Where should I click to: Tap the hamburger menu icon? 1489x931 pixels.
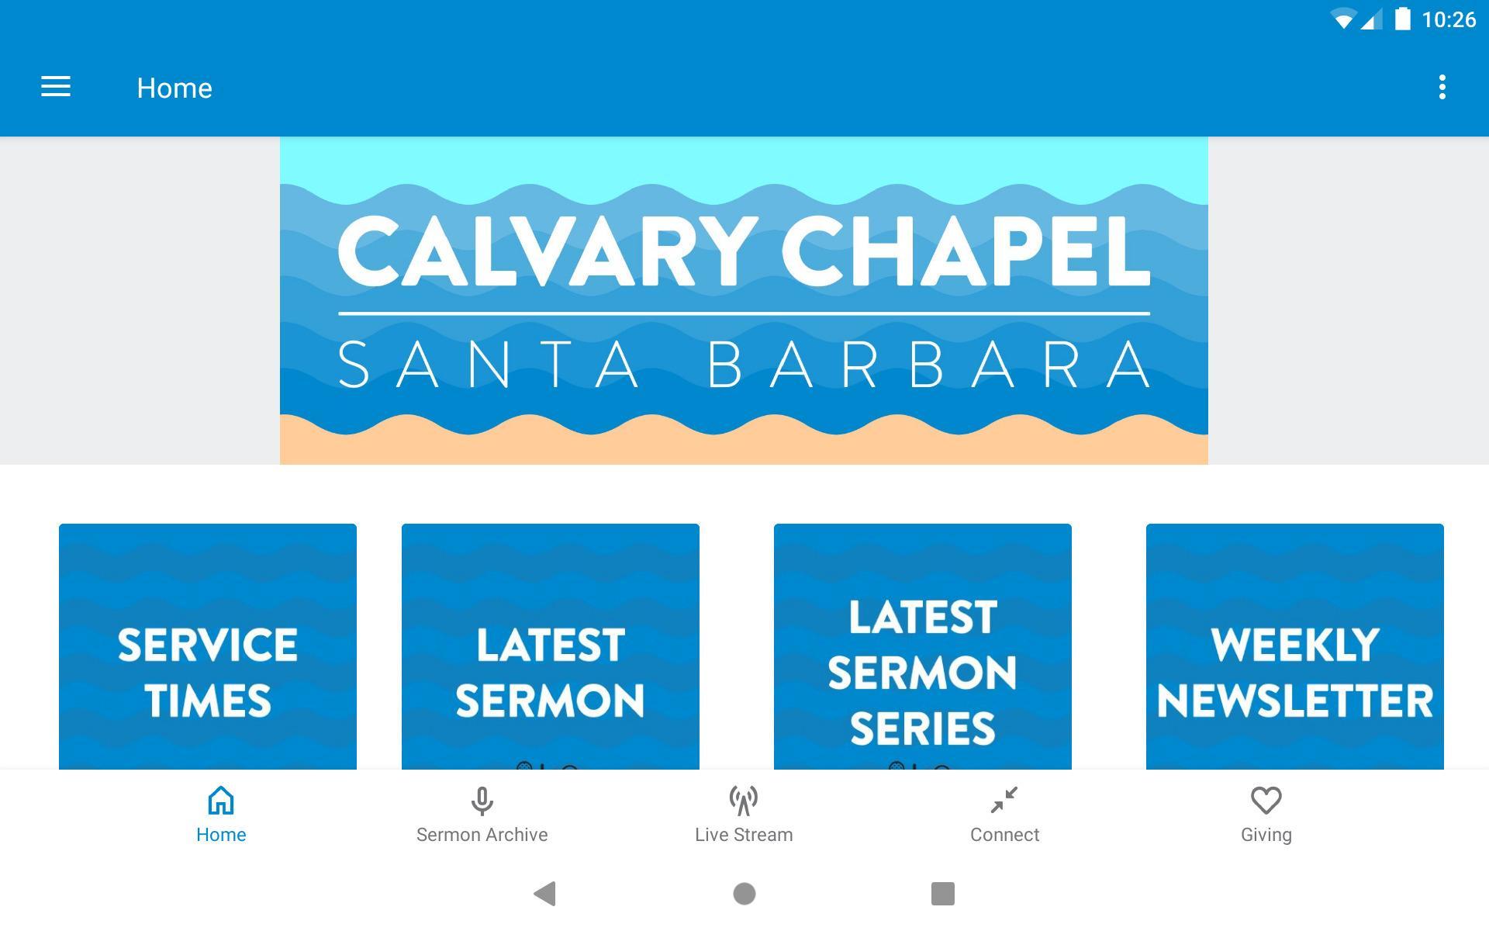pyautogui.click(x=56, y=87)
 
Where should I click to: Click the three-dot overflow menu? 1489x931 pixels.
pyautogui.click(x=1442, y=87)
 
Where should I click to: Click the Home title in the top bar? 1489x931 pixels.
pyautogui.click(x=174, y=88)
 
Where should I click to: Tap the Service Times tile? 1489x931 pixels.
pyautogui.click(x=208, y=646)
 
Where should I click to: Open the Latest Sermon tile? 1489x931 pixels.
pyautogui.click(x=551, y=646)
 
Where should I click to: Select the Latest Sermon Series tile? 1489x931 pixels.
pyautogui.click(x=923, y=646)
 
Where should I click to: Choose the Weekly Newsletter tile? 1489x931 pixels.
pyautogui.click(x=1295, y=646)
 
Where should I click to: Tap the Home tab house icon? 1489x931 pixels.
pyautogui.click(x=221, y=800)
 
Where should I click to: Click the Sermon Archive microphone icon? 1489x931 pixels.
pyautogui.click(x=482, y=801)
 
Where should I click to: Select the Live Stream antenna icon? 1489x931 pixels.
pyautogui.click(x=744, y=801)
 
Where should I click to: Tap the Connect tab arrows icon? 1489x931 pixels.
pyautogui.click(x=1004, y=800)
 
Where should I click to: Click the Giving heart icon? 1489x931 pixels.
pyautogui.click(x=1266, y=801)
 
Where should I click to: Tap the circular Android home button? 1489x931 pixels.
pyautogui.click(x=744, y=894)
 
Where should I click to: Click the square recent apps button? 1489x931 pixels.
pyautogui.click(x=943, y=894)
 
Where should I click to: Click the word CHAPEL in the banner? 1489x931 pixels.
pyautogui.click(x=966, y=251)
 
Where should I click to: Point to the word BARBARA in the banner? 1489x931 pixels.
pyautogui.click(x=929, y=364)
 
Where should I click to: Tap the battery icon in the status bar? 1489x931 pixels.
pyautogui.click(x=1402, y=19)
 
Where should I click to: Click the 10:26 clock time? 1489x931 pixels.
pyautogui.click(x=1449, y=19)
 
